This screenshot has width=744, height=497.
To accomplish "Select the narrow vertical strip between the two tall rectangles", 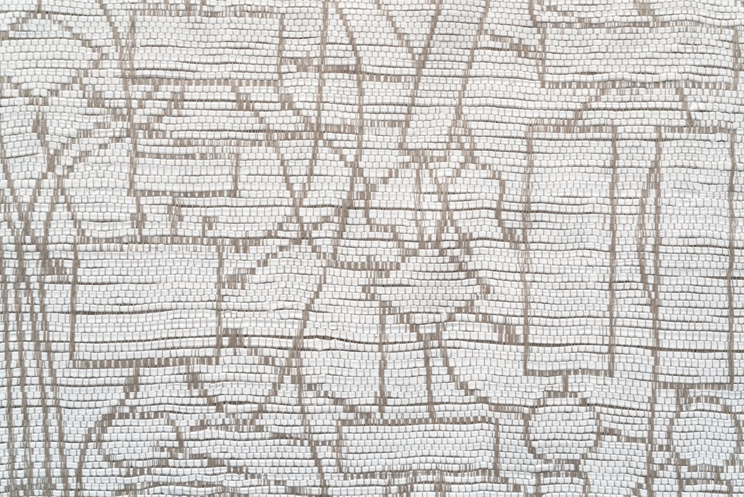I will click(634, 248).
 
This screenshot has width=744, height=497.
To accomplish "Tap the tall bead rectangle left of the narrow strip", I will click(569, 248).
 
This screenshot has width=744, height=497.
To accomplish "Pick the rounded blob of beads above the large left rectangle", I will click(99, 186).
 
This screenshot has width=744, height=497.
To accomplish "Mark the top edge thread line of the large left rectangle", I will click(146, 243).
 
